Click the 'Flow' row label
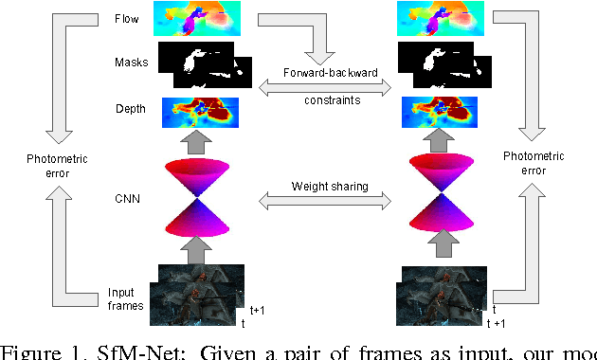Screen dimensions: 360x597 (125, 18)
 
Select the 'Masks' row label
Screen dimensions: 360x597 (129, 63)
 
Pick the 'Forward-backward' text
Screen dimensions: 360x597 (327, 72)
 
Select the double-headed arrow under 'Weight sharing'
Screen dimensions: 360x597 (326, 199)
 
